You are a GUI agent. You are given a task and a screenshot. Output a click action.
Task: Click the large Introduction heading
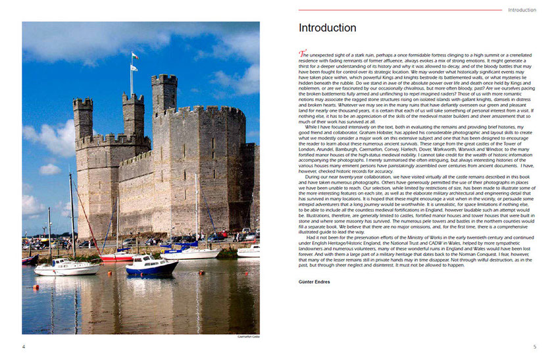[327, 28]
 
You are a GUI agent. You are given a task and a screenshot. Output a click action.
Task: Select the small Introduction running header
[522, 10]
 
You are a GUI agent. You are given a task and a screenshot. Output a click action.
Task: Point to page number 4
[24, 347]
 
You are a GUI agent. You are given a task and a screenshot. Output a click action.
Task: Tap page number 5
[534, 347]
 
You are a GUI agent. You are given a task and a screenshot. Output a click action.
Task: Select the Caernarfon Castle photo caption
[248, 336]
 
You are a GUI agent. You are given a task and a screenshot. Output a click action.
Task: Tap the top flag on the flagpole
[134, 56]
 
